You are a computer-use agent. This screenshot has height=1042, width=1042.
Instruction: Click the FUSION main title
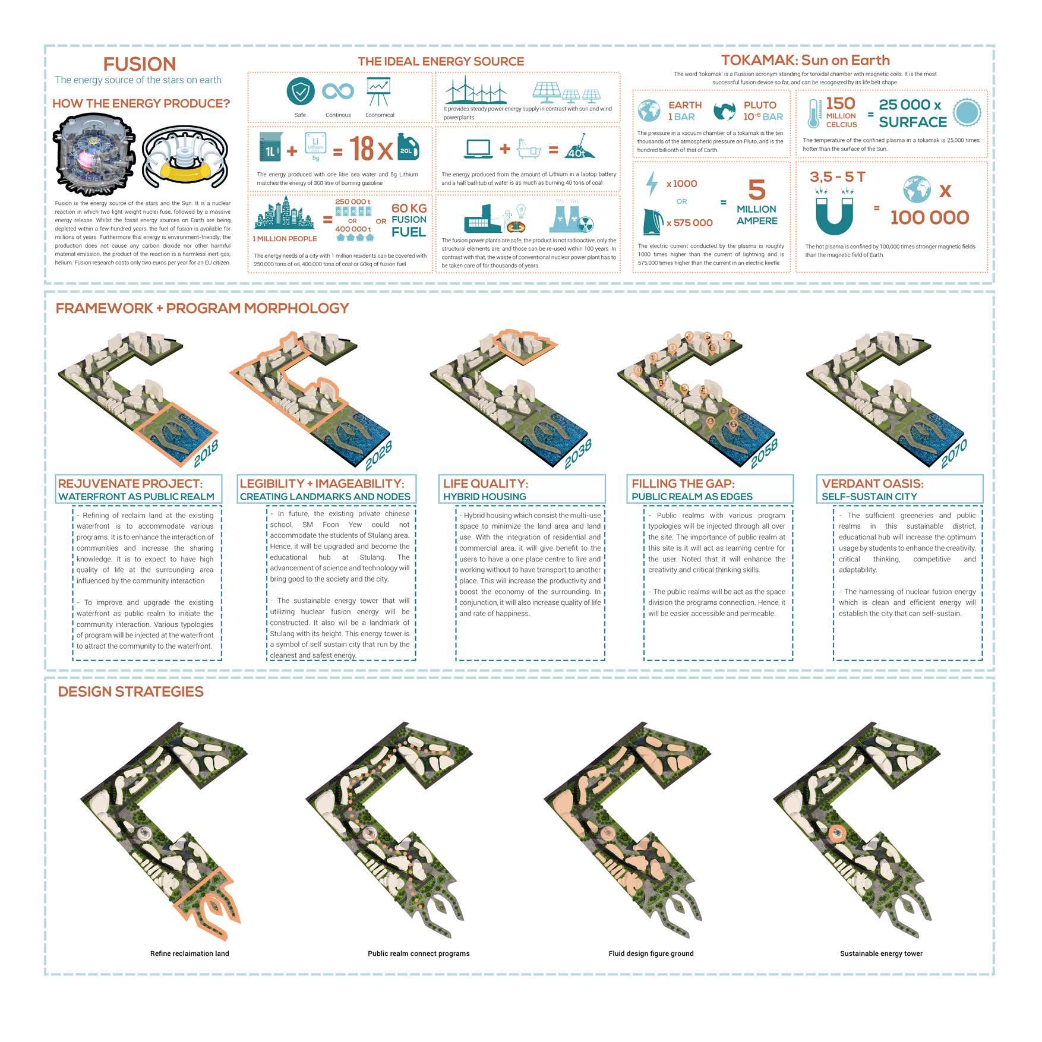click(x=140, y=64)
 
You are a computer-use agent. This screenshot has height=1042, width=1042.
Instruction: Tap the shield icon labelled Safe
click(x=301, y=91)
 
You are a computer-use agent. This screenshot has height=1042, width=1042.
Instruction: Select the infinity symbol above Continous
click(x=338, y=91)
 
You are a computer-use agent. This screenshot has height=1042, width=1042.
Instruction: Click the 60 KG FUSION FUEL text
click(x=409, y=220)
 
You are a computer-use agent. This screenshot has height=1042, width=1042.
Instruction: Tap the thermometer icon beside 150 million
click(x=813, y=113)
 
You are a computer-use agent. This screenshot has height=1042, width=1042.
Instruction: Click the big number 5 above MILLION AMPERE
click(x=756, y=190)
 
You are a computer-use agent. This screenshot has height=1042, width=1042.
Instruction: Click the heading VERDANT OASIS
click(x=872, y=484)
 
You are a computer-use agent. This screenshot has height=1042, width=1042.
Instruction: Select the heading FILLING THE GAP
click(x=683, y=484)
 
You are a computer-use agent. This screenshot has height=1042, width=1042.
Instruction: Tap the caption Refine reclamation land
click(x=190, y=953)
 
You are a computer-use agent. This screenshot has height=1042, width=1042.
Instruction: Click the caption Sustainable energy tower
click(x=881, y=953)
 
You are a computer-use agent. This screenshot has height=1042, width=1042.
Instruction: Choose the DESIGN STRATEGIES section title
click(x=131, y=691)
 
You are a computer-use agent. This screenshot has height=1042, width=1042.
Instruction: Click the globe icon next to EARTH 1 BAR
click(x=649, y=110)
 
